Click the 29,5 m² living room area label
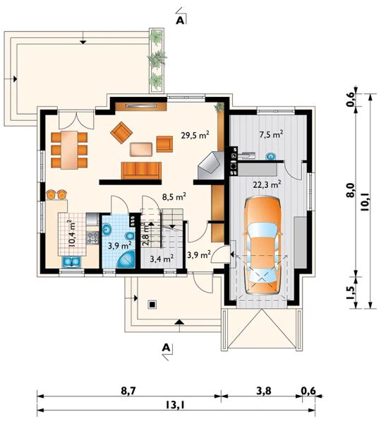195,135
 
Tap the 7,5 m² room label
271,134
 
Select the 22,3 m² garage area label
267,184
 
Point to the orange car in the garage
262,245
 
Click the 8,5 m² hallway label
174,196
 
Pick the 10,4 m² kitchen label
71,234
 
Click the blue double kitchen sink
71,261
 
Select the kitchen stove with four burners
92,237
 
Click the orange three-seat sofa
142,170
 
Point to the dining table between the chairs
69,150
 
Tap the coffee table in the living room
141,149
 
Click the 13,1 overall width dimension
176,405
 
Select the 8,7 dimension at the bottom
128,391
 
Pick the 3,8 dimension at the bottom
263,391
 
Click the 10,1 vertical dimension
364,201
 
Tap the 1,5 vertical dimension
350,292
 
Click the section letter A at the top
180,20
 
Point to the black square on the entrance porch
152,305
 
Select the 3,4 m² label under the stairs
162,259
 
